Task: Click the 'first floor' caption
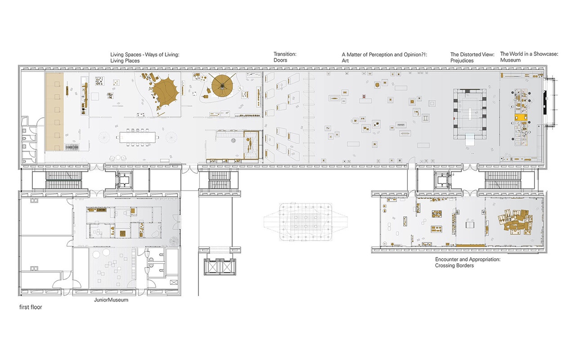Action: tap(31, 307)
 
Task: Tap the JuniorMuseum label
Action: tap(111, 300)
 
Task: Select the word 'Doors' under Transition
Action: tap(280, 60)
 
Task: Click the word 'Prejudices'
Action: tap(462, 61)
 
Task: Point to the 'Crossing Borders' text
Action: tap(454, 265)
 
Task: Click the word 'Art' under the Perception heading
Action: tap(345, 61)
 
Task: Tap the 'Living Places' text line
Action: tap(125, 61)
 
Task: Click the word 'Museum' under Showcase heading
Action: tap(510, 60)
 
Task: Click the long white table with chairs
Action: tap(137, 138)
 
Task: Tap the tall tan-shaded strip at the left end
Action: tap(54, 112)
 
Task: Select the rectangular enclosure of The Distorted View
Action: tap(470, 114)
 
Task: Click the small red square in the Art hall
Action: tap(364, 96)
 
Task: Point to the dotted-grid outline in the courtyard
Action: tap(306, 222)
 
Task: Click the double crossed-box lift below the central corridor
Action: tap(220, 267)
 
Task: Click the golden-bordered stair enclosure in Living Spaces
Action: tap(251, 145)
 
